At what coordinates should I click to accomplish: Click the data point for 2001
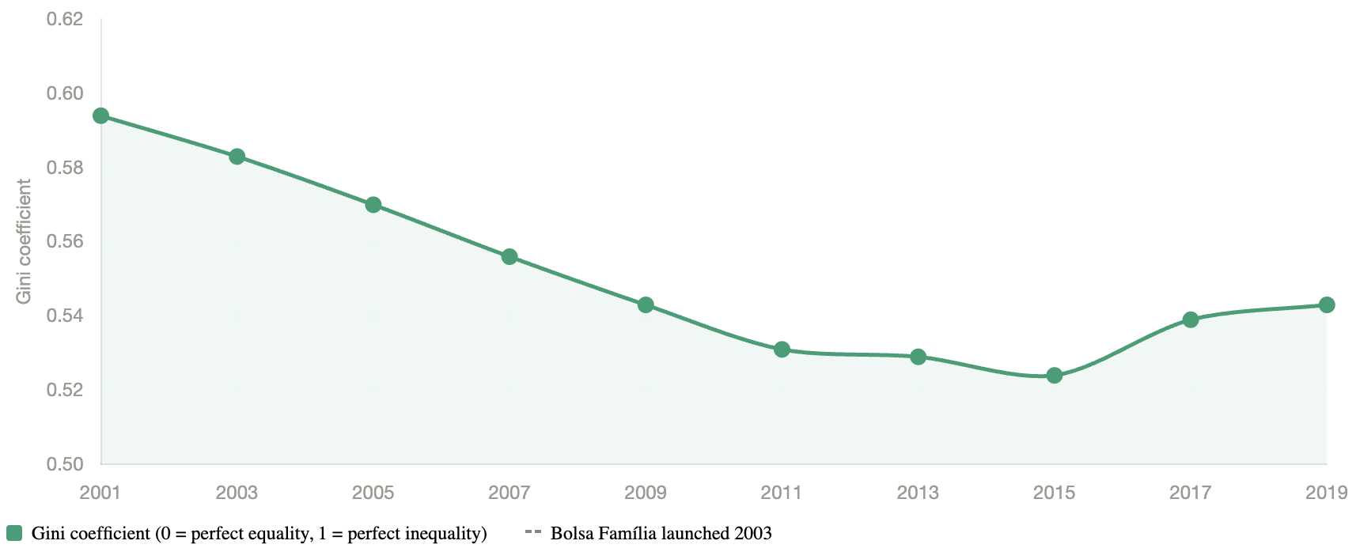coord(100,116)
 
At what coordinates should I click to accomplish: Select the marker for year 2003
coord(237,157)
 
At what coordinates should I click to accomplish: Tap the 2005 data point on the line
coord(373,205)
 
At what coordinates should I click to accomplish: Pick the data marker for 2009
coord(646,305)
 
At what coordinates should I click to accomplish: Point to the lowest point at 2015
coord(1054,375)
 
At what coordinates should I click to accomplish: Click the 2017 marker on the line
coord(1191,319)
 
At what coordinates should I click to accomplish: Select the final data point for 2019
coord(1327,305)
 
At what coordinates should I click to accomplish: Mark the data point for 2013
coord(918,357)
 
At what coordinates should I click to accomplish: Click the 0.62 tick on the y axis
coord(65,19)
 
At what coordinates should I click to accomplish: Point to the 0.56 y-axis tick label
coord(65,242)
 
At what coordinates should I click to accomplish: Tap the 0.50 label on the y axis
coord(65,464)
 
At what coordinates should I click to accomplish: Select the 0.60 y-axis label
coord(65,93)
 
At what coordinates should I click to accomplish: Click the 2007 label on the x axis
coord(509,493)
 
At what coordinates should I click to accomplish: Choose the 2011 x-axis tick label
coord(782,493)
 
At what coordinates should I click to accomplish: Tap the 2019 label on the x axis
coord(1326,493)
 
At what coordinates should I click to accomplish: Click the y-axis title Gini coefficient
coord(25,241)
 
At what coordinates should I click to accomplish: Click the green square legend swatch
coord(14,533)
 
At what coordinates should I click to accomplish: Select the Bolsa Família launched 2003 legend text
coord(661,533)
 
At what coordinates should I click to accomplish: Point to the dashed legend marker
coord(532,531)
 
